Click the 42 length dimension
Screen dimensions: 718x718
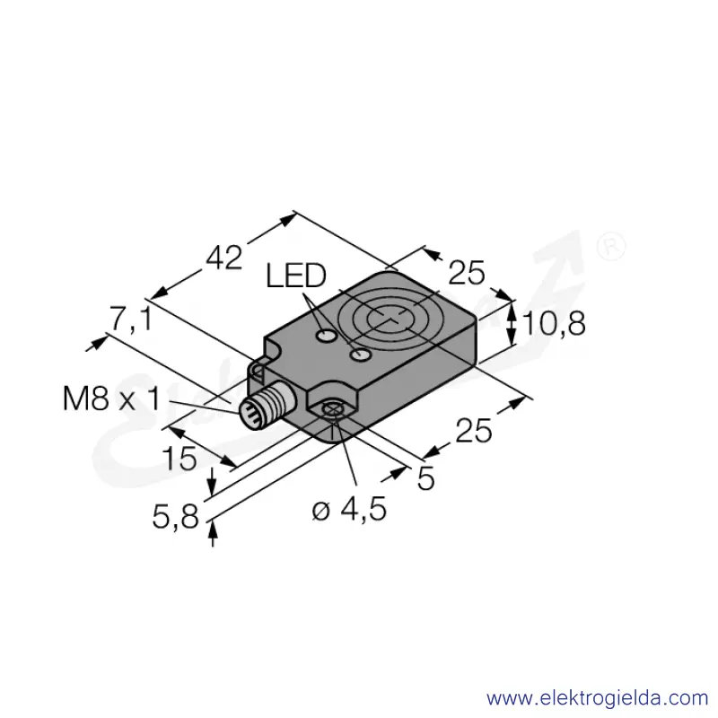[223, 258]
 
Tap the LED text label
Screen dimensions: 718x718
[296, 276]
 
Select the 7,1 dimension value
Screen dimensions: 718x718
[130, 319]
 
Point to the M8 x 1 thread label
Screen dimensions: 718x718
[111, 398]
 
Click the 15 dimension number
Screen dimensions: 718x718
[179, 459]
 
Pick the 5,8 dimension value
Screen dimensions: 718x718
[175, 517]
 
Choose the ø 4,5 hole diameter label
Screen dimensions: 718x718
[349, 509]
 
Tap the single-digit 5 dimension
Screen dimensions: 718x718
[425, 479]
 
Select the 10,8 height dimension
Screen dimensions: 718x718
[554, 323]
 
